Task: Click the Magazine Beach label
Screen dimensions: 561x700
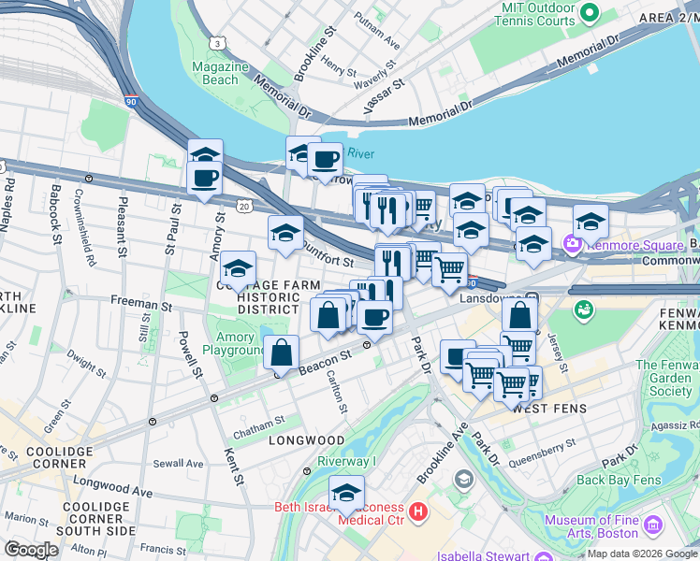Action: (220, 73)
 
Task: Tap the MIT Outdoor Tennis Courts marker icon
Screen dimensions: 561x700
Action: (590, 13)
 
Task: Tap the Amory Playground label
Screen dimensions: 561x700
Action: (234, 344)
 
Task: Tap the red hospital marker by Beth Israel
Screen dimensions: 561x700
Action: (417, 512)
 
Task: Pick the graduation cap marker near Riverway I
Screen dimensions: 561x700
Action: (346, 492)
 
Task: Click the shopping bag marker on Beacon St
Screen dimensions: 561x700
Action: (281, 354)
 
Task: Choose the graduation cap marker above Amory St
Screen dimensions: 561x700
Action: (205, 153)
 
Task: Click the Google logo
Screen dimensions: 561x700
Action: (32, 549)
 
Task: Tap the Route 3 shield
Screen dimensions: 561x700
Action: (217, 43)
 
